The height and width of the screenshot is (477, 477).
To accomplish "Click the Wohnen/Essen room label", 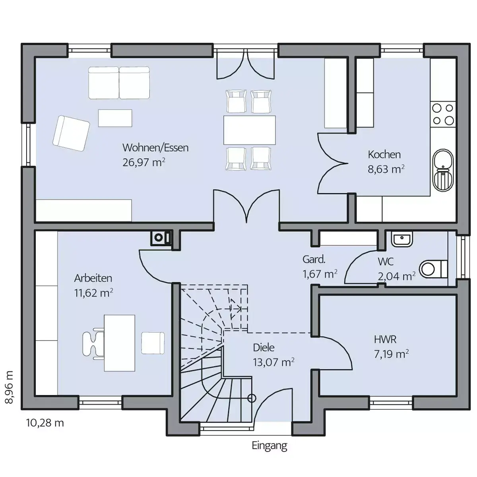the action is [x=155, y=147].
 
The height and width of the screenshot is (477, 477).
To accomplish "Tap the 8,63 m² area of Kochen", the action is [x=386, y=169].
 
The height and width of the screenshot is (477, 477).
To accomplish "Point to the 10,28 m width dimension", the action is [x=45, y=423].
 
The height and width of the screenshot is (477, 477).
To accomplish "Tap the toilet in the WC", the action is [x=433, y=269].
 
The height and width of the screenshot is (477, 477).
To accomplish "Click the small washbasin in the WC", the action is [x=402, y=239].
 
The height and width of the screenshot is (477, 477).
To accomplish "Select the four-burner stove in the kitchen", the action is [x=443, y=114].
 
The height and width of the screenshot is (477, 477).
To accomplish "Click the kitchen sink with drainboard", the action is [x=443, y=170].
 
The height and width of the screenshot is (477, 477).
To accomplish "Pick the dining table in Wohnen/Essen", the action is [x=250, y=130].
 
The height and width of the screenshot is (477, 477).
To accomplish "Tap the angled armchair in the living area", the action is [x=71, y=133].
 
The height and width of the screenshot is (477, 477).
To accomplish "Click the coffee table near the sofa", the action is [x=115, y=118].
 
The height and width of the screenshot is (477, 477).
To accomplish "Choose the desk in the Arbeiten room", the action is [x=120, y=343].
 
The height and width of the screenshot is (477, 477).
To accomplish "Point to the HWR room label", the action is [x=385, y=339].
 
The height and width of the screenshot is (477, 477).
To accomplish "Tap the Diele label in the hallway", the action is [x=264, y=348].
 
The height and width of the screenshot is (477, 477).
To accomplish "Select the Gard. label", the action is [x=314, y=260].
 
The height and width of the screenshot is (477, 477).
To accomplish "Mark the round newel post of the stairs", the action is [x=252, y=398].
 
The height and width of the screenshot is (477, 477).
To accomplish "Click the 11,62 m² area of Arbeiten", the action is [x=93, y=293].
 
